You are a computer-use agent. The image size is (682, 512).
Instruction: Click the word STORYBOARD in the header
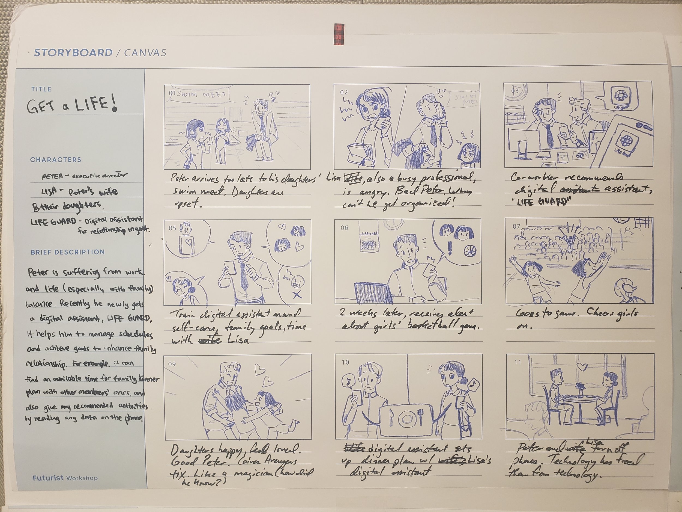(73, 53)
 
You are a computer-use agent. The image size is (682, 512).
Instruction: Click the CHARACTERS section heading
(56, 159)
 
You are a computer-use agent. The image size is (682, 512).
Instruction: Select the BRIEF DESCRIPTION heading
(68, 252)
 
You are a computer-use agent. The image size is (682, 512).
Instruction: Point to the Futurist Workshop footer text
(65, 478)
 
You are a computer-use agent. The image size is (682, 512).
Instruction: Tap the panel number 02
(344, 92)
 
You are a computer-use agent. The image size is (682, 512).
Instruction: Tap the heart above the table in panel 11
(582, 367)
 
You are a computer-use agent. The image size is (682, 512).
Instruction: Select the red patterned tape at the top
(339, 34)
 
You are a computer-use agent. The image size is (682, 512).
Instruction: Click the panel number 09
(172, 364)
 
